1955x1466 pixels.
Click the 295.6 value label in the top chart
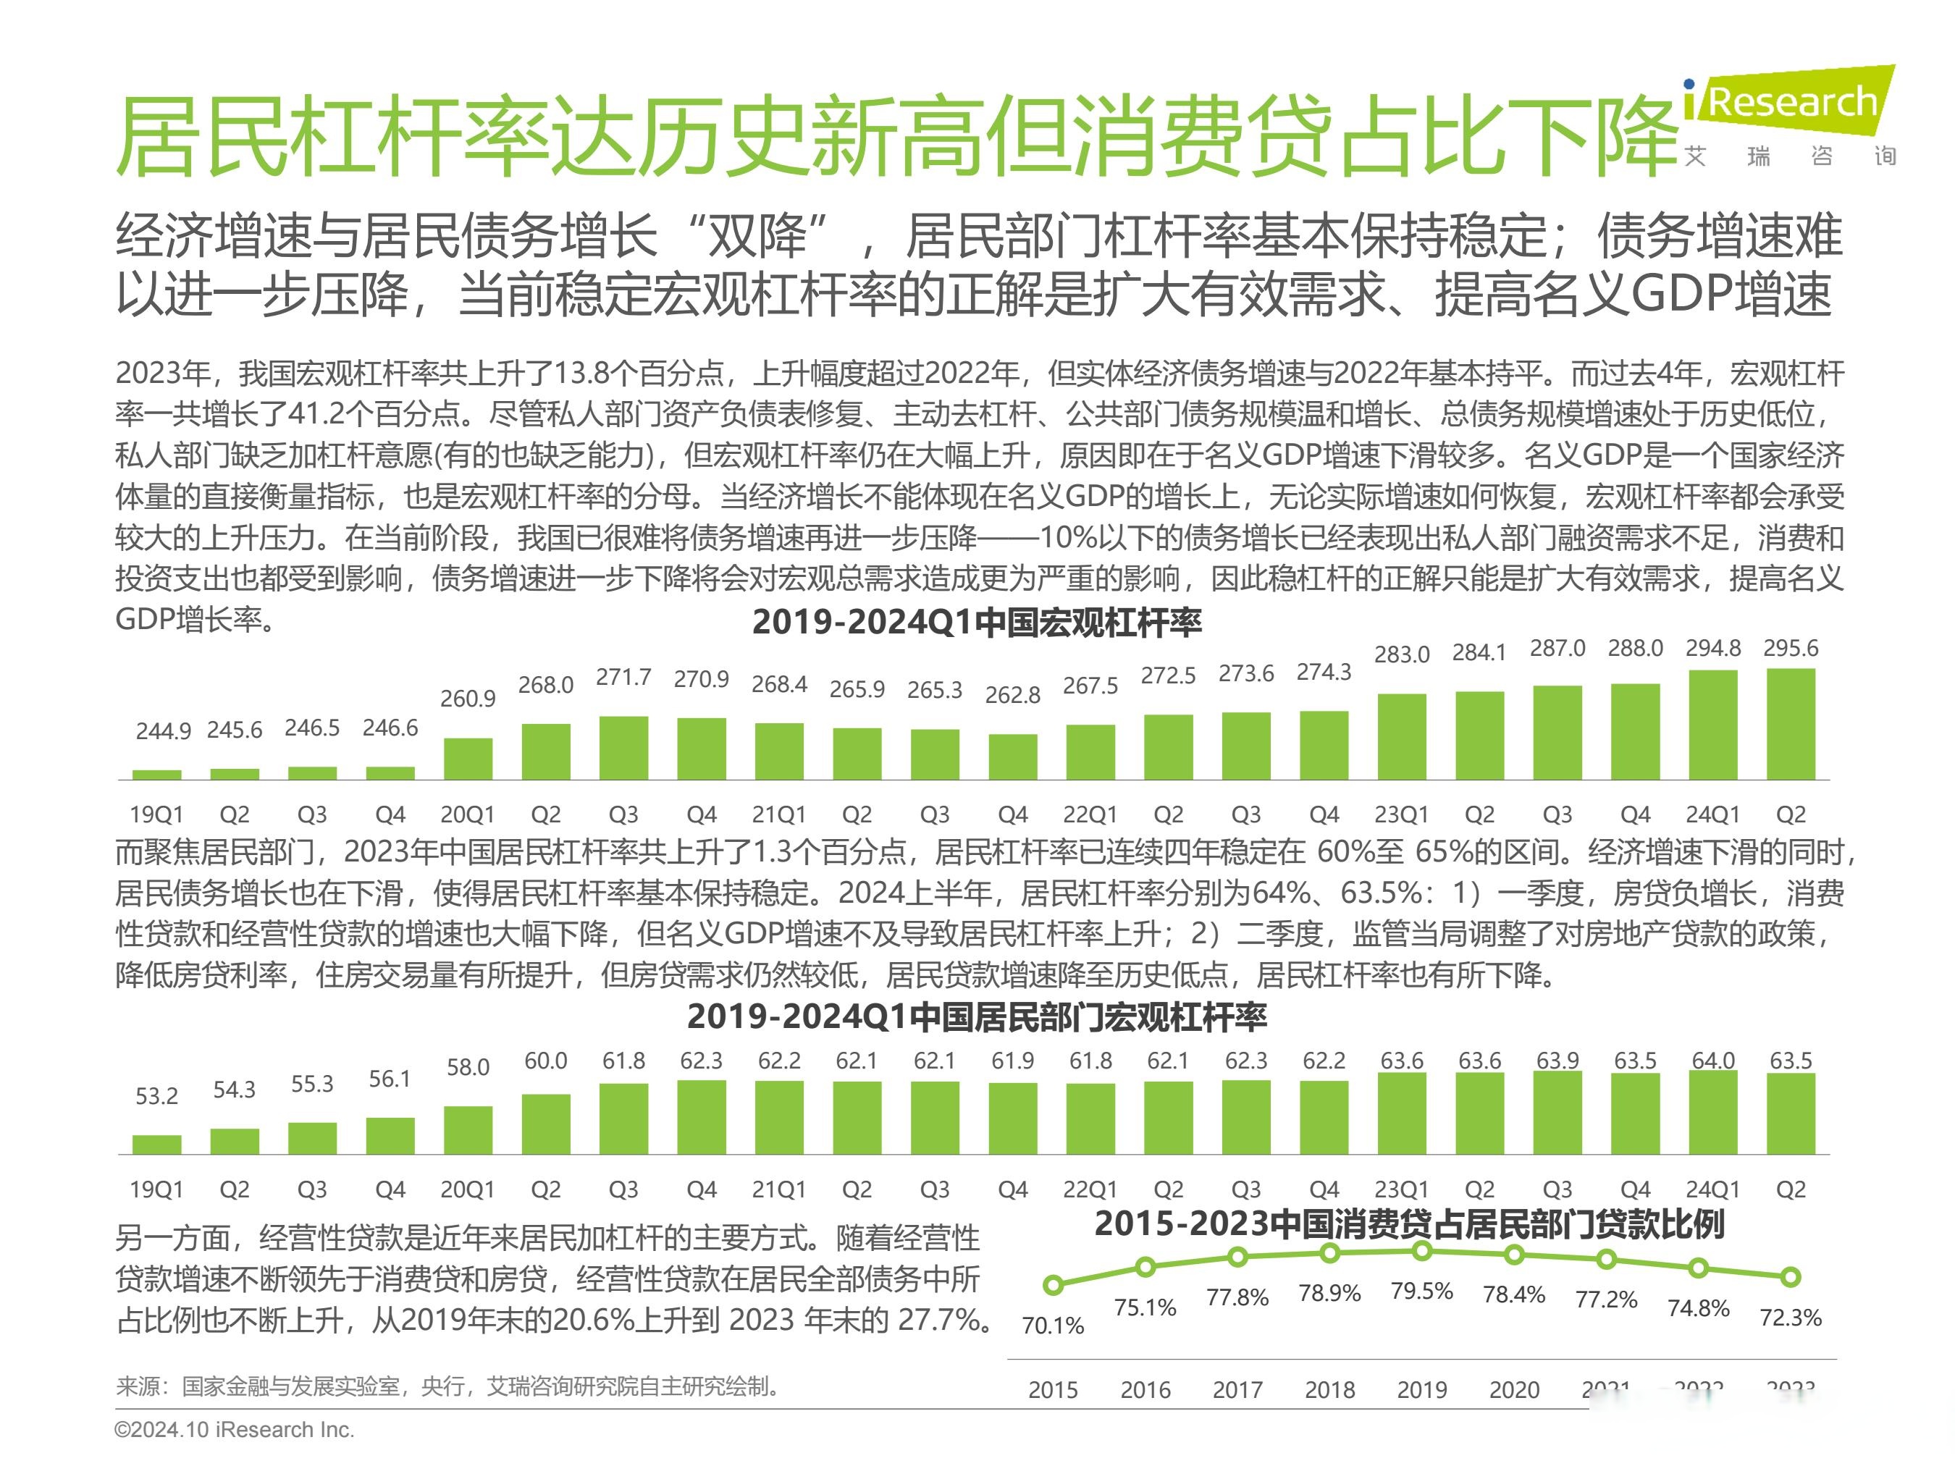coord(1791,648)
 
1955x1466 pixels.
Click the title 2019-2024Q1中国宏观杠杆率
coord(977,623)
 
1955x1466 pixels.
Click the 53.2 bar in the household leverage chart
coord(156,1145)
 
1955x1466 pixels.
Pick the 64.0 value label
coord(1713,1061)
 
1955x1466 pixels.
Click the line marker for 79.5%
coord(1422,1250)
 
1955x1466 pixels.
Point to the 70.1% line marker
coord(1053,1285)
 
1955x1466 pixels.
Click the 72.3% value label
coord(1791,1318)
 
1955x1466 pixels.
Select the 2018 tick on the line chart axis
coord(1329,1390)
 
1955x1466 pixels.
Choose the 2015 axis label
coord(1053,1390)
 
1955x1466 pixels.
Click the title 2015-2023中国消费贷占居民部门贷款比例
coord(1409,1224)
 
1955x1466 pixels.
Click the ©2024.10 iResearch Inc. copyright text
coord(234,1430)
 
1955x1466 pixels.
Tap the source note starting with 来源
coord(448,1386)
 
